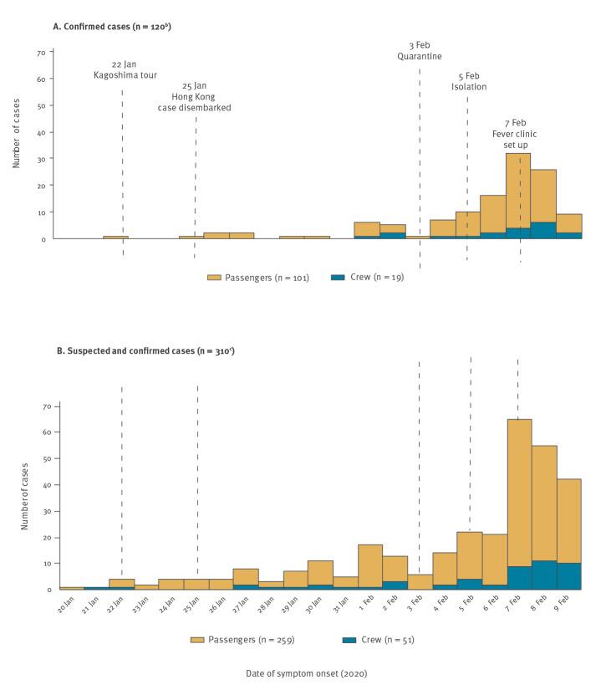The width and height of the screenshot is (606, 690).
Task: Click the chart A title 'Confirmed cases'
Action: pyautogui.click(x=113, y=26)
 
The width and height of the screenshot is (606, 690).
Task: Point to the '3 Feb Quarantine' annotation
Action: pyautogui.click(x=419, y=51)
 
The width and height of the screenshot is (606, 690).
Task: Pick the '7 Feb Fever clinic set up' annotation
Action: pyautogui.click(x=515, y=133)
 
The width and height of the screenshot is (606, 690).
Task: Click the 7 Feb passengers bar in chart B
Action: pyautogui.click(x=519, y=493)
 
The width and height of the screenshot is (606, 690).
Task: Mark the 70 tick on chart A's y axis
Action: pyautogui.click(x=40, y=53)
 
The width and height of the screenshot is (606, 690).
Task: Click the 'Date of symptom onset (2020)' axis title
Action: pyautogui.click(x=307, y=673)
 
